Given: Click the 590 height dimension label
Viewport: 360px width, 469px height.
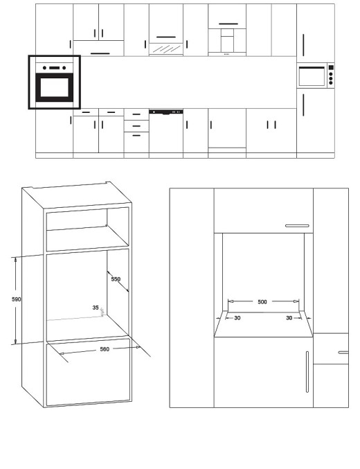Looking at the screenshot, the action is [x=17, y=299].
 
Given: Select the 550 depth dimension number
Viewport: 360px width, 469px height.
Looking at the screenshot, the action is [x=116, y=279].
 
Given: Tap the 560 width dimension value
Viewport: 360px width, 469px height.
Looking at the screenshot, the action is [x=105, y=349].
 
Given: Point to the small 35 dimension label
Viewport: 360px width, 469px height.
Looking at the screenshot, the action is [x=96, y=308].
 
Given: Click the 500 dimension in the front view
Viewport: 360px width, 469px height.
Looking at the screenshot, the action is [x=262, y=302].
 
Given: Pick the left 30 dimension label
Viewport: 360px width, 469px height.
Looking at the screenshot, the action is [x=237, y=318].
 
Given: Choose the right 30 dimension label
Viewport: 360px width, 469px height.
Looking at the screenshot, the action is [x=289, y=318].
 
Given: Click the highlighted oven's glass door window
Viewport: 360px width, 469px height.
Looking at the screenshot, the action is [x=55, y=87].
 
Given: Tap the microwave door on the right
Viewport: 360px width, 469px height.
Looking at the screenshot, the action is [x=312, y=76].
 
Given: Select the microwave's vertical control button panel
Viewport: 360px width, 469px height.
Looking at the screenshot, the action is [x=331, y=76].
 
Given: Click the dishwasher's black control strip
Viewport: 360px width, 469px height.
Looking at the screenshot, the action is [x=166, y=112].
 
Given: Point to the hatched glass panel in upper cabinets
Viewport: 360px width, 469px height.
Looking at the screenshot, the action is [x=166, y=49].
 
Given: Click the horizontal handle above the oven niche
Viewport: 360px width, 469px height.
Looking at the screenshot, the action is [x=297, y=226].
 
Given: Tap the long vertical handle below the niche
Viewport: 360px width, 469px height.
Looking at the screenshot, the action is [x=307, y=372].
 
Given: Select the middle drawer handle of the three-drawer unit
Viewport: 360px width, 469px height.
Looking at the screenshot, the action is [x=136, y=126].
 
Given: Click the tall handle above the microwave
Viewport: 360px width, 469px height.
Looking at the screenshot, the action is [x=303, y=45].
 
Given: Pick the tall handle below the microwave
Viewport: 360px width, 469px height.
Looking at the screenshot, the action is [x=303, y=105].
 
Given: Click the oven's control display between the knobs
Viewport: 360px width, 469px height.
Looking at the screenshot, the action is [x=55, y=68].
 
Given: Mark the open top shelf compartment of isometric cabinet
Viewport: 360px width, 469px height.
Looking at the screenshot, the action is [x=87, y=229].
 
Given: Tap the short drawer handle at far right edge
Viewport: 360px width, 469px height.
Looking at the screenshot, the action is [x=343, y=353].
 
